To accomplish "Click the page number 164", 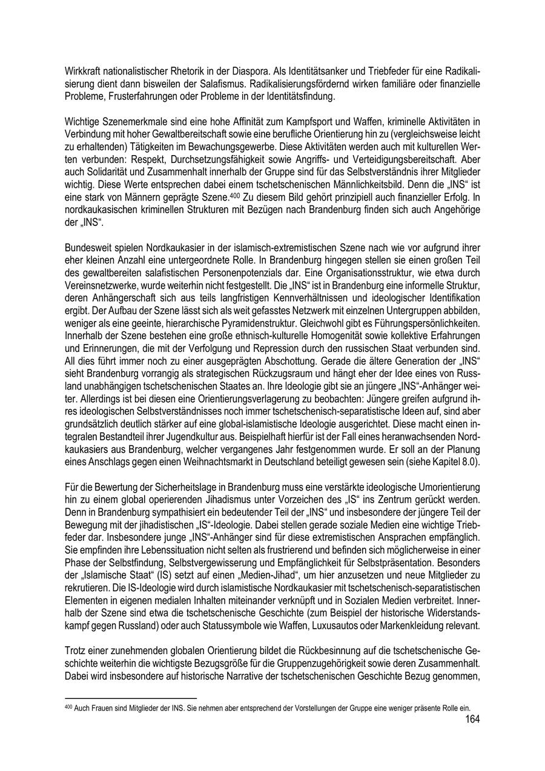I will (x=472, y=720).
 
